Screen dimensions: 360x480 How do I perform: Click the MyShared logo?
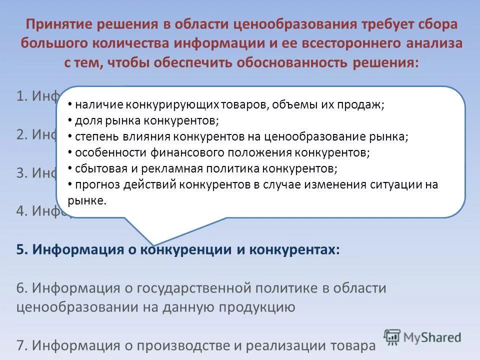point(422,337)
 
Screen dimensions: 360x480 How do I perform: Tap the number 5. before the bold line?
point(22,250)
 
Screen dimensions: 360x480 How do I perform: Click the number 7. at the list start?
point(22,345)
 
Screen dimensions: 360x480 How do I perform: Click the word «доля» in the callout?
point(87,121)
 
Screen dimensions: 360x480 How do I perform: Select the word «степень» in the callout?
point(95,136)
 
